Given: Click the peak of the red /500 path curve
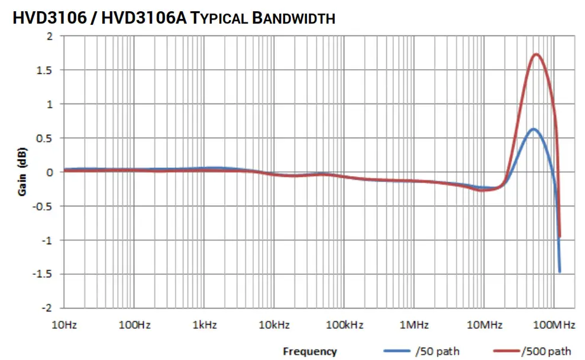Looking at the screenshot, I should (536, 55).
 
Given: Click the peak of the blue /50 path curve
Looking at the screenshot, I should (534, 129).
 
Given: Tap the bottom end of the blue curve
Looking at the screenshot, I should (559, 271).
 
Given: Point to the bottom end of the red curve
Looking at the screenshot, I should (559, 237).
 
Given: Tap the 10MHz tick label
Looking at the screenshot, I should (484, 325).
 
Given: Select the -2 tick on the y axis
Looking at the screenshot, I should (49, 308).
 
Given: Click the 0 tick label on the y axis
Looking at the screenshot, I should (50, 172).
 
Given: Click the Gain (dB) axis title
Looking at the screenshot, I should (22, 172).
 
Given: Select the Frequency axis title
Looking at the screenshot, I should (309, 351).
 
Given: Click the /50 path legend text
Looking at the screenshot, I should (437, 351).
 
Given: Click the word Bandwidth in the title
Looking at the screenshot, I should (293, 18).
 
